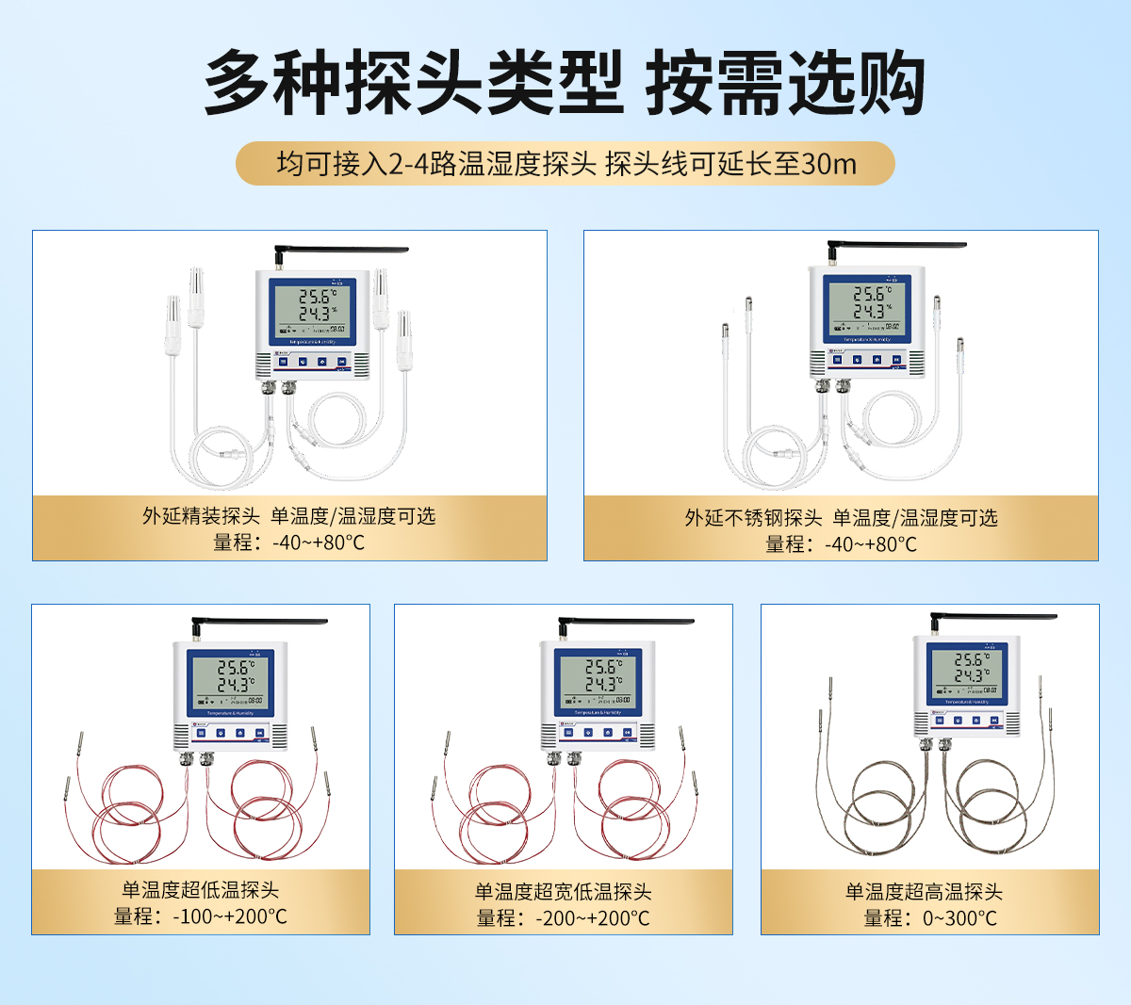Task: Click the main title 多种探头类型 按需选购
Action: pyautogui.click(x=564, y=83)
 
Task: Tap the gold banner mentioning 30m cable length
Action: pyautogui.click(x=565, y=164)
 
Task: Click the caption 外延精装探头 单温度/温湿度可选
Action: pyautogui.click(x=289, y=516)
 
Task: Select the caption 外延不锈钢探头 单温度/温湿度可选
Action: pyautogui.click(x=841, y=518)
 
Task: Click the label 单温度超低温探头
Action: pyautogui.click(x=201, y=890)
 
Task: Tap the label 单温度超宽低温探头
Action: pyautogui.click(x=564, y=892)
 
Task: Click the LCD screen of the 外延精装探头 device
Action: pyautogui.click(x=311, y=311)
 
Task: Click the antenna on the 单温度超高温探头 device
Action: pyautogui.click(x=994, y=617)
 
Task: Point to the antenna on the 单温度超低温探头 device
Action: pyautogui.click(x=259, y=623)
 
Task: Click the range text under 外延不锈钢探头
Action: pyautogui.click(x=841, y=544)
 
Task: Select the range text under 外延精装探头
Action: pyautogui.click(x=289, y=543)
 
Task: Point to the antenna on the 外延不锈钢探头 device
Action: pyautogui.click(x=897, y=245)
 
